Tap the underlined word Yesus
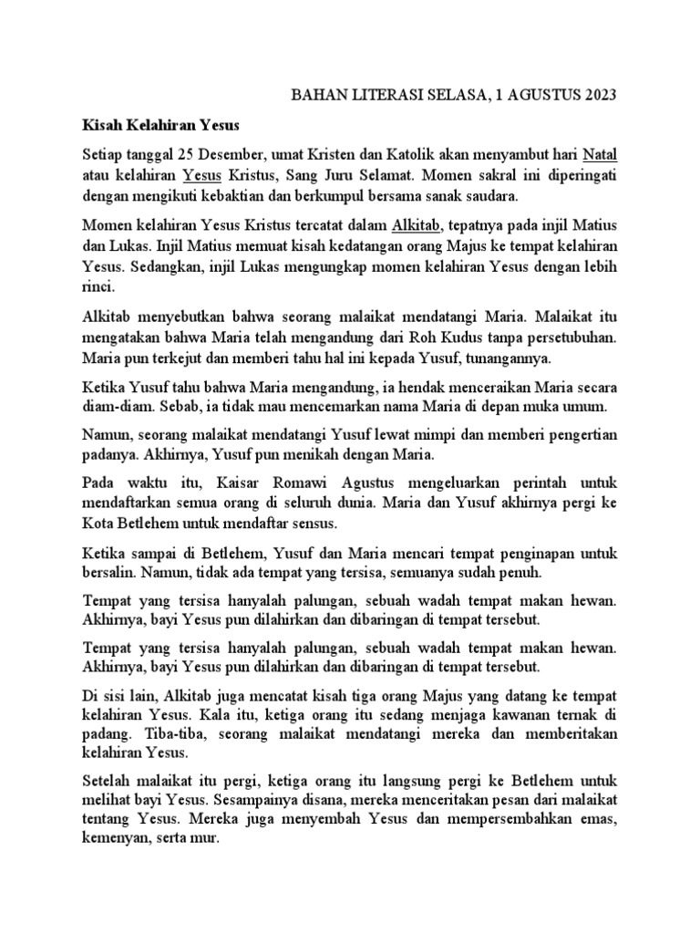pyautogui.click(x=200, y=173)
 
